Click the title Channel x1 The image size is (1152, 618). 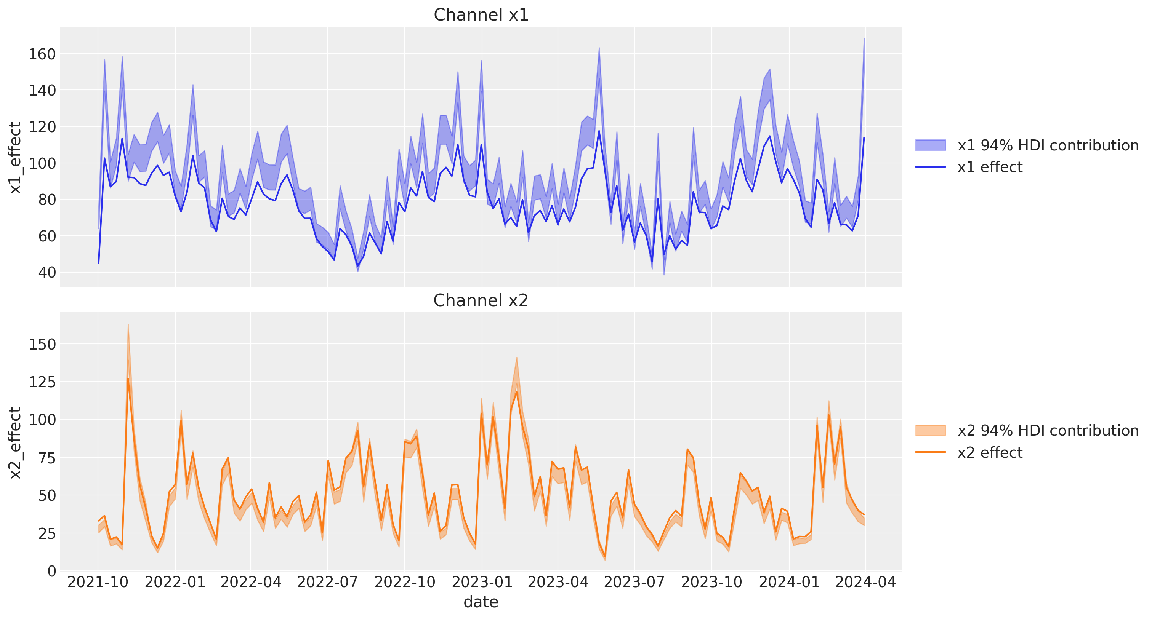tap(481, 15)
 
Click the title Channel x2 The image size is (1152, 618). tap(481, 300)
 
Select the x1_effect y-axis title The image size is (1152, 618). tap(15, 157)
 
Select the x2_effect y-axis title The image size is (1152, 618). tap(15, 442)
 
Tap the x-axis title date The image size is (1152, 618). tap(481, 602)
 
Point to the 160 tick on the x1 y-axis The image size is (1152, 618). tap(42, 54)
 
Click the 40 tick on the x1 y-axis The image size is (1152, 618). tap(47, 272)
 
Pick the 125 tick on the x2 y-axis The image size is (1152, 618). tap(42, 382)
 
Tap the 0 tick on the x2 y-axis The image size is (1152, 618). tap(52, 571)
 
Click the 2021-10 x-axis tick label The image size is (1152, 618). tap(98, 582)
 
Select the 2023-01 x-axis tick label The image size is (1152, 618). tap(482, 582)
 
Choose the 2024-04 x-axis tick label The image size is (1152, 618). tap(865, 582)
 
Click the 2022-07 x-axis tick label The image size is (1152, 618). tap(327, 582)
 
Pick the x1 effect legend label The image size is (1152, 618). tap(990, 167)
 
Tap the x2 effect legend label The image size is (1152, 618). tap(990, 453)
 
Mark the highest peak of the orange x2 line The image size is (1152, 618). tap(128, 378)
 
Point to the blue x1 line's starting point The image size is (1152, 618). tap(99, 263)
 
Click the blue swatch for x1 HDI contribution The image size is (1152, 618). tap(931, 145)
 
